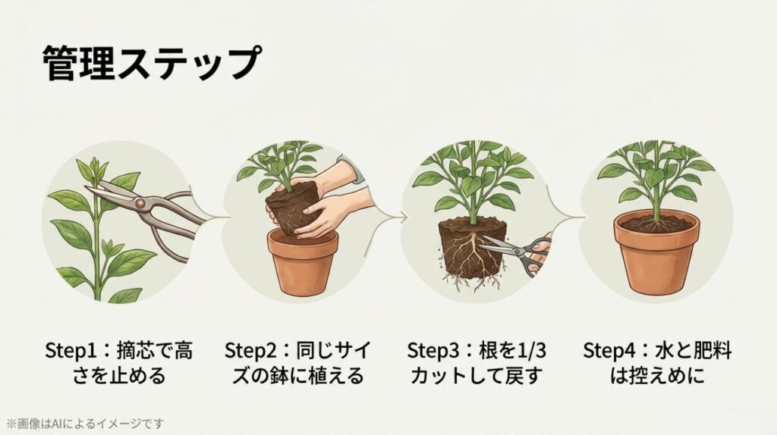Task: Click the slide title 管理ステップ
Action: (x=149, y=63)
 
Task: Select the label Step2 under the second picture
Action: (x=250, y=351)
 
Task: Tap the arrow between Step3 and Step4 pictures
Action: (x=570, y=217)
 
